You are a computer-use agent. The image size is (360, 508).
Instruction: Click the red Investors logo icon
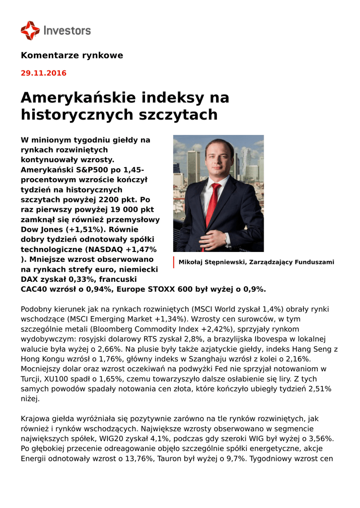(x=30, y=30)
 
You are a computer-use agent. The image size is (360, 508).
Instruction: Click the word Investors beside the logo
(x=68, y=31)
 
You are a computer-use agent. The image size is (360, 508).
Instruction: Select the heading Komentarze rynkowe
(x=72, y=55)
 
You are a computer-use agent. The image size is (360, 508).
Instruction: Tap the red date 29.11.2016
(x=43, y=73)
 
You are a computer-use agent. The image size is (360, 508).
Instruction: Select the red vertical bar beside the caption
(x=174, y=262)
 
